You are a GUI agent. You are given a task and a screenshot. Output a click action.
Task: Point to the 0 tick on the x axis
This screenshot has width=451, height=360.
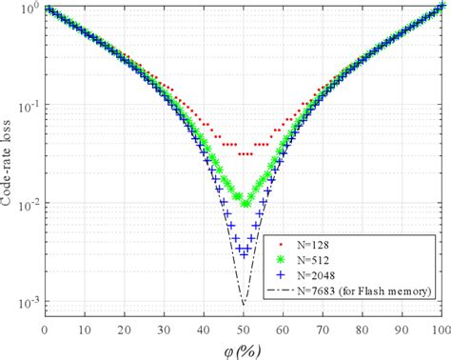(x=45, y=330)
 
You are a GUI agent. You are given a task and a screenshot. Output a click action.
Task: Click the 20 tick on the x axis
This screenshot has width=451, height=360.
(x=124, y=330)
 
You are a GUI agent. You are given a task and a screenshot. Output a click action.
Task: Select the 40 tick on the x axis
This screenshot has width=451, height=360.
(x=204, y=330)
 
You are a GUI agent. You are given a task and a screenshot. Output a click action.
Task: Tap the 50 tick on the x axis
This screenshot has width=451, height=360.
(x=244, y=330)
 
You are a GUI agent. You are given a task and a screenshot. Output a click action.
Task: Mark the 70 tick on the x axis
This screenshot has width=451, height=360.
(x=323, y=330)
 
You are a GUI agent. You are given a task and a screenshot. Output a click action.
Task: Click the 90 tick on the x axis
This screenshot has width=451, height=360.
(x=402, y=330)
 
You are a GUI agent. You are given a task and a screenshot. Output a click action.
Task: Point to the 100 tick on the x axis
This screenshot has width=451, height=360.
(x=440, y=330)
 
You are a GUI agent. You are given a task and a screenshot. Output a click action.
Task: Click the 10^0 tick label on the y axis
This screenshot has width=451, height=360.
(x=28, y=9)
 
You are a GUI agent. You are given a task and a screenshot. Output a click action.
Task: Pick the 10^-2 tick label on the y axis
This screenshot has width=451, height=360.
(x=28, y=205)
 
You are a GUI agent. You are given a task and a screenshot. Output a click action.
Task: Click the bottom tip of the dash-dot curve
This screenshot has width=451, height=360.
(x=244, y=305)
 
